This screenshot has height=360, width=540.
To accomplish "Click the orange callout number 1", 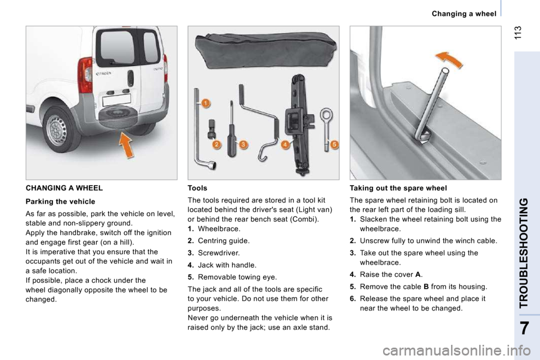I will [206, 103].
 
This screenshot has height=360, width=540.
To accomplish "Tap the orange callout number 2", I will [217, 145].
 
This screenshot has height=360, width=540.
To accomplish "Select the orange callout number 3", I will [243, 145].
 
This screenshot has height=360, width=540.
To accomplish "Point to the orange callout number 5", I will [334, 145].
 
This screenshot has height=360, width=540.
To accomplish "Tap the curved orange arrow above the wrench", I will [451, 59].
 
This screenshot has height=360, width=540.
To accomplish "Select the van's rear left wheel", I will [58, 129].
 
